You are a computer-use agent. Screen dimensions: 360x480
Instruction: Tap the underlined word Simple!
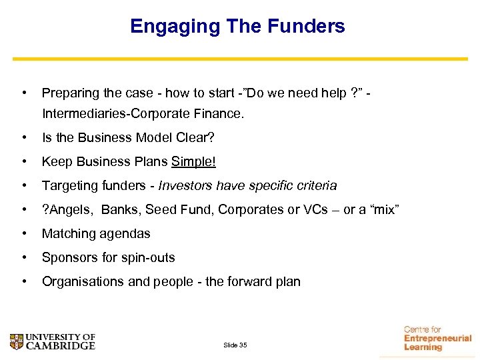pyautogui.click(x=194, y=162)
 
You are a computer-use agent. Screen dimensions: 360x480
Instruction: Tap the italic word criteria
pyautogui.click(x=313, y=186)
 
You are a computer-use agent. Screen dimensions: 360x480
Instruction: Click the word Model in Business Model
pyautogui.click(x=153, y=138)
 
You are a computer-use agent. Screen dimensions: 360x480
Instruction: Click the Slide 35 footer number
pyautogui.click(x=235, y=345)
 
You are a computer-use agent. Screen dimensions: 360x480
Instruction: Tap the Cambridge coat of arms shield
pyautogui.click(x=17, y=342)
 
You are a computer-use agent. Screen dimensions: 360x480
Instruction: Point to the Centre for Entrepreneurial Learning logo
pyautogui.click(x=437, y=338)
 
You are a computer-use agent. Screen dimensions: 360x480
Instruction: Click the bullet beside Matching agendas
pyautogui.click(x=24, y=234)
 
